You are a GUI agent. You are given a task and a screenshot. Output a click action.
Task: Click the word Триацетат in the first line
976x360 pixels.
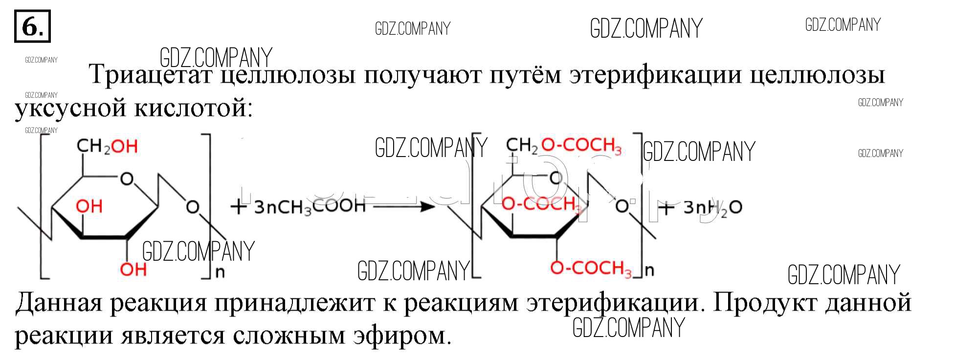(x=151, y=75)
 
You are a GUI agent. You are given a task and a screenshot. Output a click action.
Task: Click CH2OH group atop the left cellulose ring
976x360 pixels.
(x=107, y=146)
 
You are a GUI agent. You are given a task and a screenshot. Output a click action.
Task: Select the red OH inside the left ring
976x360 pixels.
(x=89, y=206)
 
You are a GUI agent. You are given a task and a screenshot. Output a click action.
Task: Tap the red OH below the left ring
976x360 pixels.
(x=133, y=269)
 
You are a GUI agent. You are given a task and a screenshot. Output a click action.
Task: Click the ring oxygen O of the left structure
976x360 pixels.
(x=127, y=179)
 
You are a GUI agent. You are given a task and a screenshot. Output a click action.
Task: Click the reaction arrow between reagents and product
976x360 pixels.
(x=403, y=207)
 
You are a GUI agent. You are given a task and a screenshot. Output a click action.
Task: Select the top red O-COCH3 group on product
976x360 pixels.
(x=581, y=145)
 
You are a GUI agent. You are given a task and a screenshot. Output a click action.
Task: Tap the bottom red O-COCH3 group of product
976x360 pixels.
(x=591, y=268)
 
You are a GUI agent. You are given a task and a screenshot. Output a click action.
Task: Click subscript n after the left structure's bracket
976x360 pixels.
(x=220, y=272)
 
